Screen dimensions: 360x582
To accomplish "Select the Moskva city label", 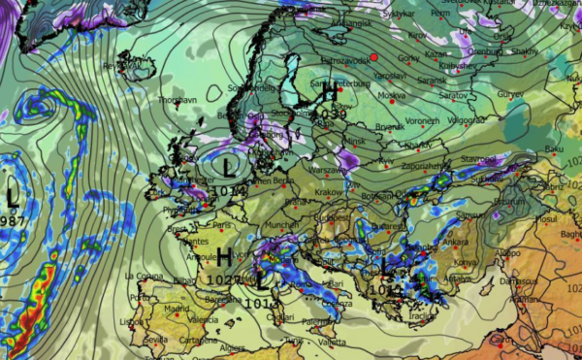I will [x=391, y=96].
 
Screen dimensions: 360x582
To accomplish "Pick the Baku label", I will [x=555, y=148].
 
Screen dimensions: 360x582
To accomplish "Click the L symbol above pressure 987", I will [x=13, y=197].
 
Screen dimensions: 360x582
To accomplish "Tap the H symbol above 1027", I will [x=224, y=258].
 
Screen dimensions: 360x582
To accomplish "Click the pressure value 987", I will [x=13, y=221].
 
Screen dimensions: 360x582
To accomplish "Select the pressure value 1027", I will [x=224, y=279].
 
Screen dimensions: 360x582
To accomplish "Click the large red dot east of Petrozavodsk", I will [x=373, y=59].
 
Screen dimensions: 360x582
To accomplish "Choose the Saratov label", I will [x=451, y=96].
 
